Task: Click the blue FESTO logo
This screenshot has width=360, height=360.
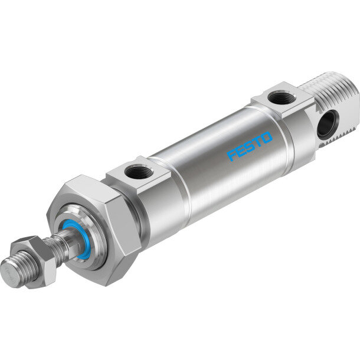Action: [250, 146]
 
